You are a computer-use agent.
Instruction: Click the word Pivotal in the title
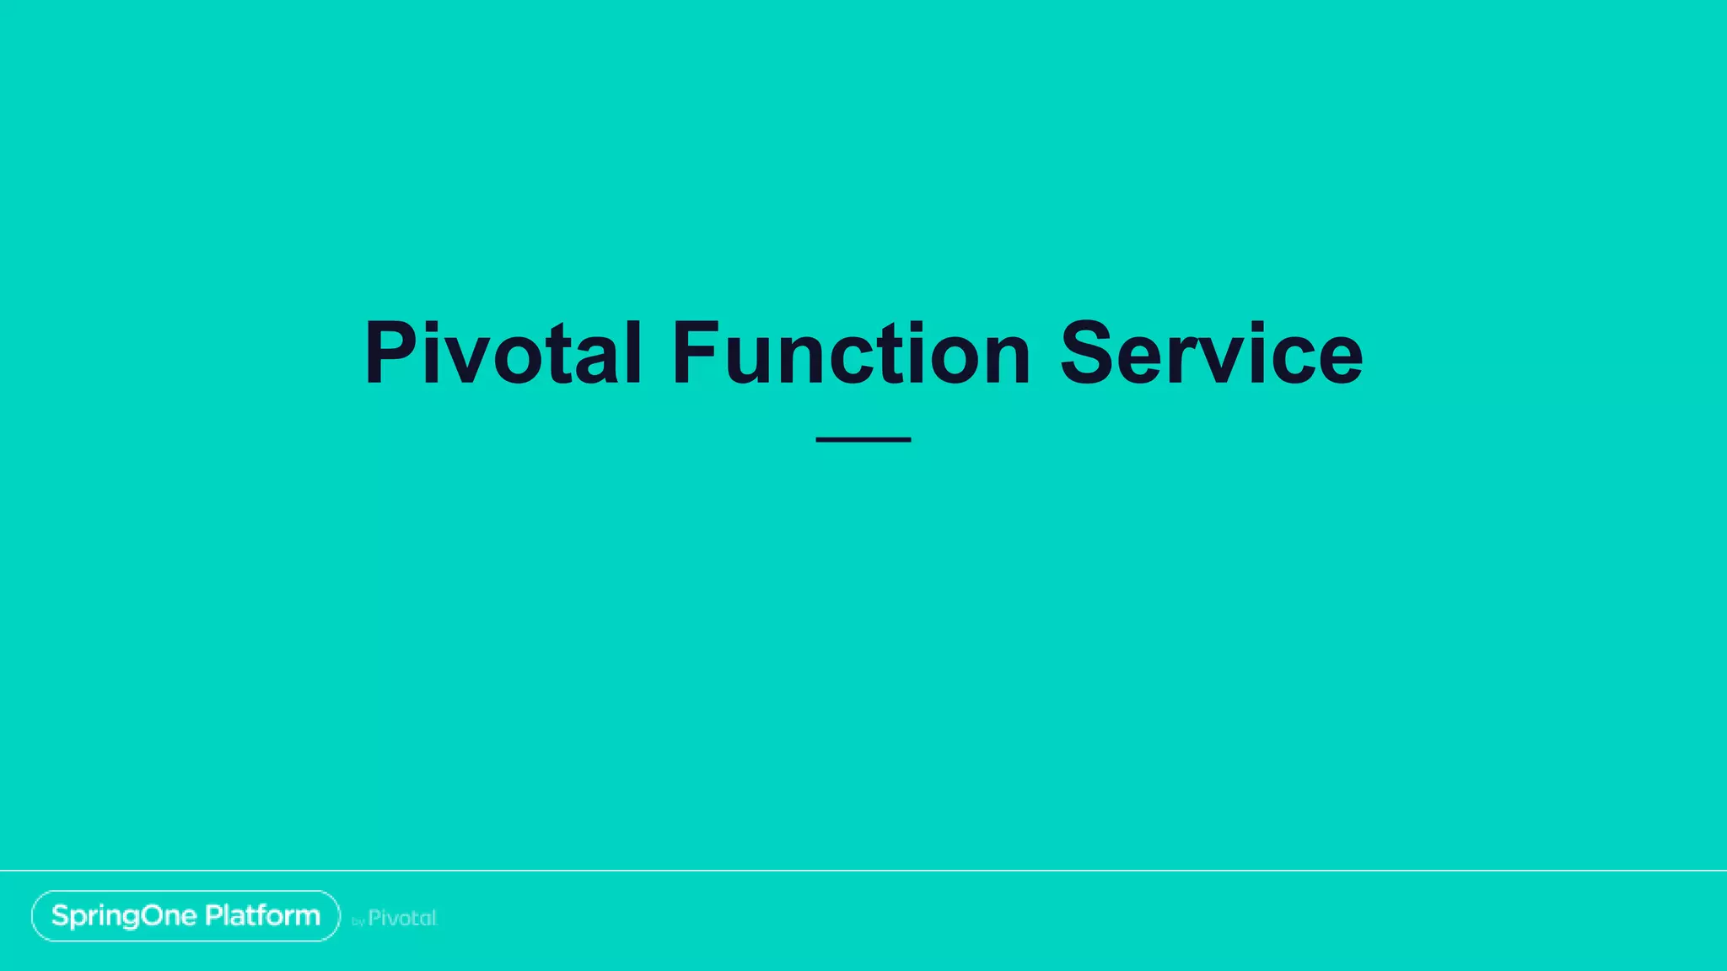(x=503, y=354)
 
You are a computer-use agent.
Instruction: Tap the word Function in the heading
(x=850, y=354)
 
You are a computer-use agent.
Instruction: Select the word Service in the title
(x=1210, y=354)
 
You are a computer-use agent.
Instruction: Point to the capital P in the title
(x=393, y=354)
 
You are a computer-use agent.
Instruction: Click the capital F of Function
(x=699, y=354)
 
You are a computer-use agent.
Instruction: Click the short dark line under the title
(x=863, y=439)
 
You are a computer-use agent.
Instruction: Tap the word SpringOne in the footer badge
(x=124, y=916)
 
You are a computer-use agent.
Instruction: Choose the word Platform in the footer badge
(x=262, y=915)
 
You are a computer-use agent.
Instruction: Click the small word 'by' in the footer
(x=358, y=922)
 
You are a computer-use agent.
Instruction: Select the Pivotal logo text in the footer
(x=402, y=918)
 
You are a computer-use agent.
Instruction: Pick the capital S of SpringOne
(x=60, y=915)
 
